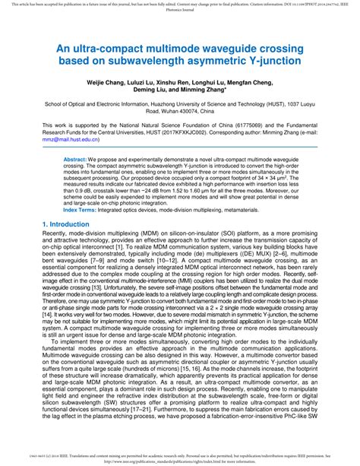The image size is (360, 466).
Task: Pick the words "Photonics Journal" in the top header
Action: coord(179,11)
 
